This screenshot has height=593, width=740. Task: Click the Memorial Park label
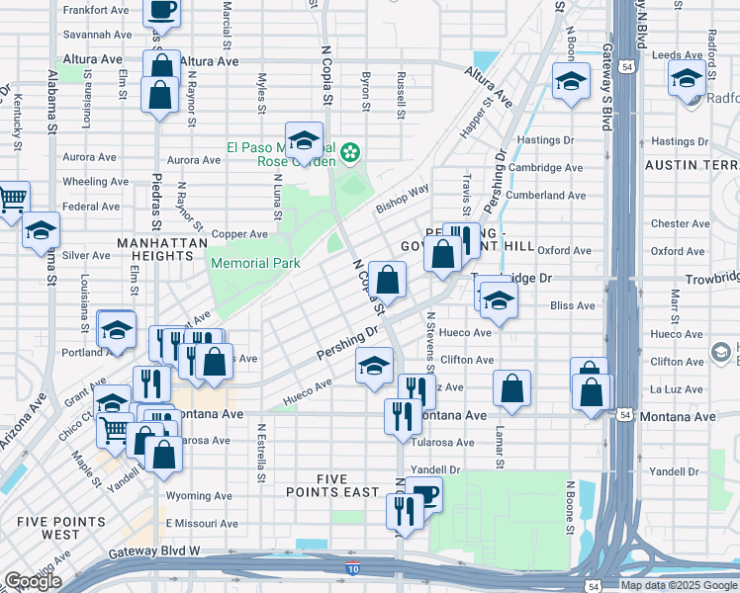click(255, 264)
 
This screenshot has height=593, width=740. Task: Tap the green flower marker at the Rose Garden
click(349, 153)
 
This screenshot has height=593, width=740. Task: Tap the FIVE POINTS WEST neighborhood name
click(60, 528)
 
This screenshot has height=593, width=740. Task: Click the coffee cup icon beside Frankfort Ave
click(161, 10)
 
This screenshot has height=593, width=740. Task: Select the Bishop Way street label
click(402, 198)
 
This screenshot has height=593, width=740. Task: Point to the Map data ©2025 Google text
click(679, 585)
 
